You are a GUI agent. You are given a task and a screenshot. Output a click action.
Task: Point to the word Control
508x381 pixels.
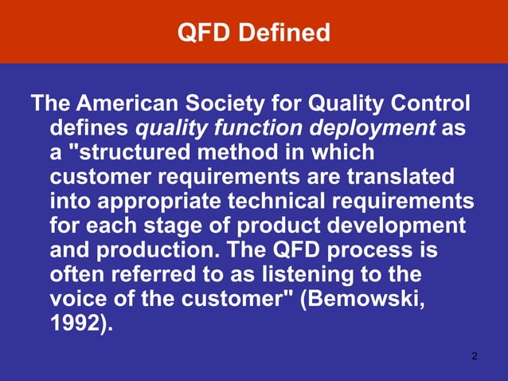click(430, 104)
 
